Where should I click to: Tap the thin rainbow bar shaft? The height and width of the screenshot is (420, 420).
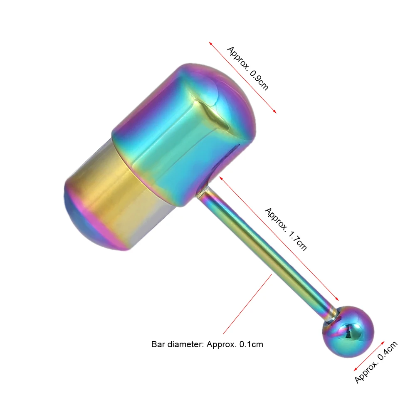coord(265,252)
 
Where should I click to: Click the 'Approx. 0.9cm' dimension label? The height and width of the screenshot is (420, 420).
coord(248,69)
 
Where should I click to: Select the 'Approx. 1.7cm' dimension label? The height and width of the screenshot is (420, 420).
coord(286,229)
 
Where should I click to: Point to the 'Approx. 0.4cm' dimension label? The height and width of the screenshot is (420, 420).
coord(376,362)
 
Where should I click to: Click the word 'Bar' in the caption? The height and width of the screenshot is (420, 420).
coord(158,344)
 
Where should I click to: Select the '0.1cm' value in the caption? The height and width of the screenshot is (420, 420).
coord(251,344)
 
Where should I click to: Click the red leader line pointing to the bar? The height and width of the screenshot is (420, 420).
coord(247,304)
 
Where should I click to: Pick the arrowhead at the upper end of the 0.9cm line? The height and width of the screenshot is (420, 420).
coord(210,43)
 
